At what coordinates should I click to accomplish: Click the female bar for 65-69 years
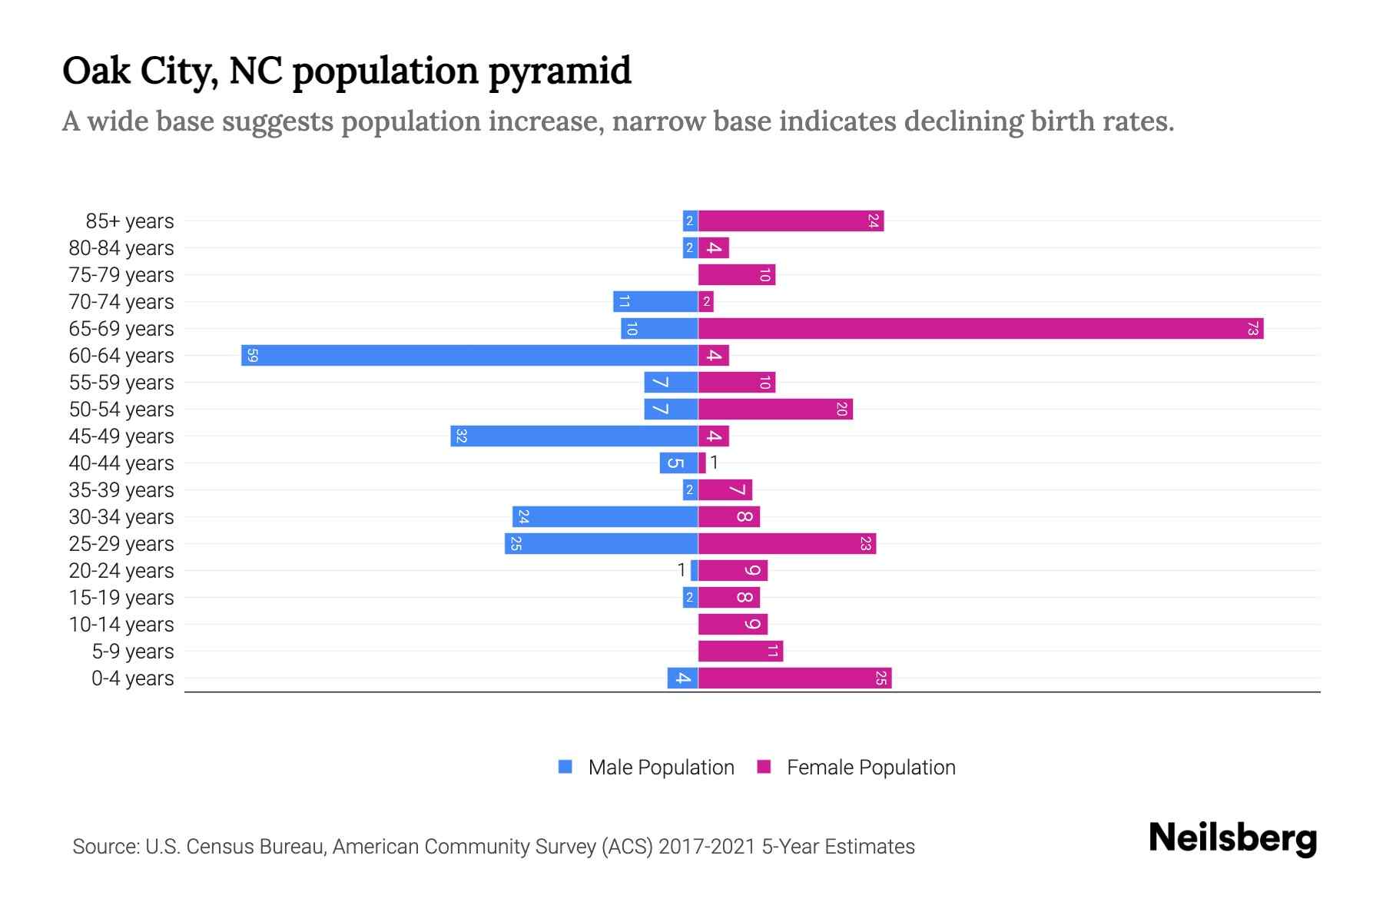pos(980,329)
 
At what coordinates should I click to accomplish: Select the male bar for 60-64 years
pos(469,356)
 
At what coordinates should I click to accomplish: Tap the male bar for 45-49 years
pos(574,436)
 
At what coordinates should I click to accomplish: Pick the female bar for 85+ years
pos(791,221)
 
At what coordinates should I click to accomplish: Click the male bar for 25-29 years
pos(601,544)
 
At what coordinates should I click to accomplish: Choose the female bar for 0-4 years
pos(794,678)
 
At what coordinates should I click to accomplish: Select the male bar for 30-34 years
pos(605,517)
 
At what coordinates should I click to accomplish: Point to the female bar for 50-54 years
pos(775,410)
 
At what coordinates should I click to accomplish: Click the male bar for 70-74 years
pos(655,302)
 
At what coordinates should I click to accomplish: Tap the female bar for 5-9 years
pos(741,652)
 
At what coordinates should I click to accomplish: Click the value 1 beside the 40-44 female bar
pos(714,463)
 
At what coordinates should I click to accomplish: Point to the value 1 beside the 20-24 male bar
pos(681,570)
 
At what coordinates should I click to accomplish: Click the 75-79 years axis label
pos(121,275)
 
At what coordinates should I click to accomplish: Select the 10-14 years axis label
pos(121,625)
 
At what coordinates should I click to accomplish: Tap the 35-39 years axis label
pos(121,490)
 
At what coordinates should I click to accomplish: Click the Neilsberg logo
pos(1232,837)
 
